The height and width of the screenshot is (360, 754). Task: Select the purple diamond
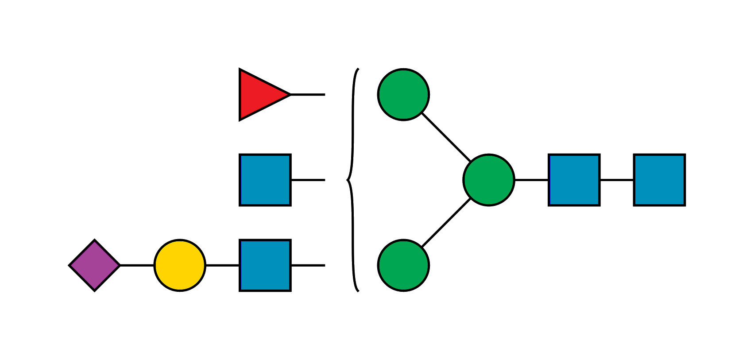click(x=94, y=265)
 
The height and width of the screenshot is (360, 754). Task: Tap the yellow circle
click(x=180, y=265)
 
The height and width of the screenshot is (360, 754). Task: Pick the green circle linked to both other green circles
click(x=489, y=180)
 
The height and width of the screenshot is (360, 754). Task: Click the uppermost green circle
click(x=403, y=94)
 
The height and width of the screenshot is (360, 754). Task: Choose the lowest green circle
click(x=403, y=265)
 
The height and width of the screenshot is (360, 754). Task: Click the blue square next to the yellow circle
click(x=265, y=265)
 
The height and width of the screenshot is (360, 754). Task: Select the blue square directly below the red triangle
click(x=265, y=180)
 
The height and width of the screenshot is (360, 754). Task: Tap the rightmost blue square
click(x=659, y=180)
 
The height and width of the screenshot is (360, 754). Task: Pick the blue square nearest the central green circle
click(x=574, y=180)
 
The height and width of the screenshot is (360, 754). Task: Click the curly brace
click(x=353, y=133)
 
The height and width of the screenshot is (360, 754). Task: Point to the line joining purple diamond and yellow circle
click(x=137, y=265)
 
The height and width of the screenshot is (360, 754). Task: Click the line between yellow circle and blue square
click(x=222, y=265)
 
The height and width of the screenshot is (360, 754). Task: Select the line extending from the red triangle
click(x=308, y=95)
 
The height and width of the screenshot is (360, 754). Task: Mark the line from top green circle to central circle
click(x=446, y=137)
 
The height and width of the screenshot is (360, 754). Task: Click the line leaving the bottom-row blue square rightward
click(x=308, y=265)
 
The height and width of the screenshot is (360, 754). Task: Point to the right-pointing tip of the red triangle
click(x=289, y=94)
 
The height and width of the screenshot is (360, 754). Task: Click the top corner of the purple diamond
click(x=94, y=240)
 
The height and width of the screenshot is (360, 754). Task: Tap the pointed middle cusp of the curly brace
click(x=347, y=180)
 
